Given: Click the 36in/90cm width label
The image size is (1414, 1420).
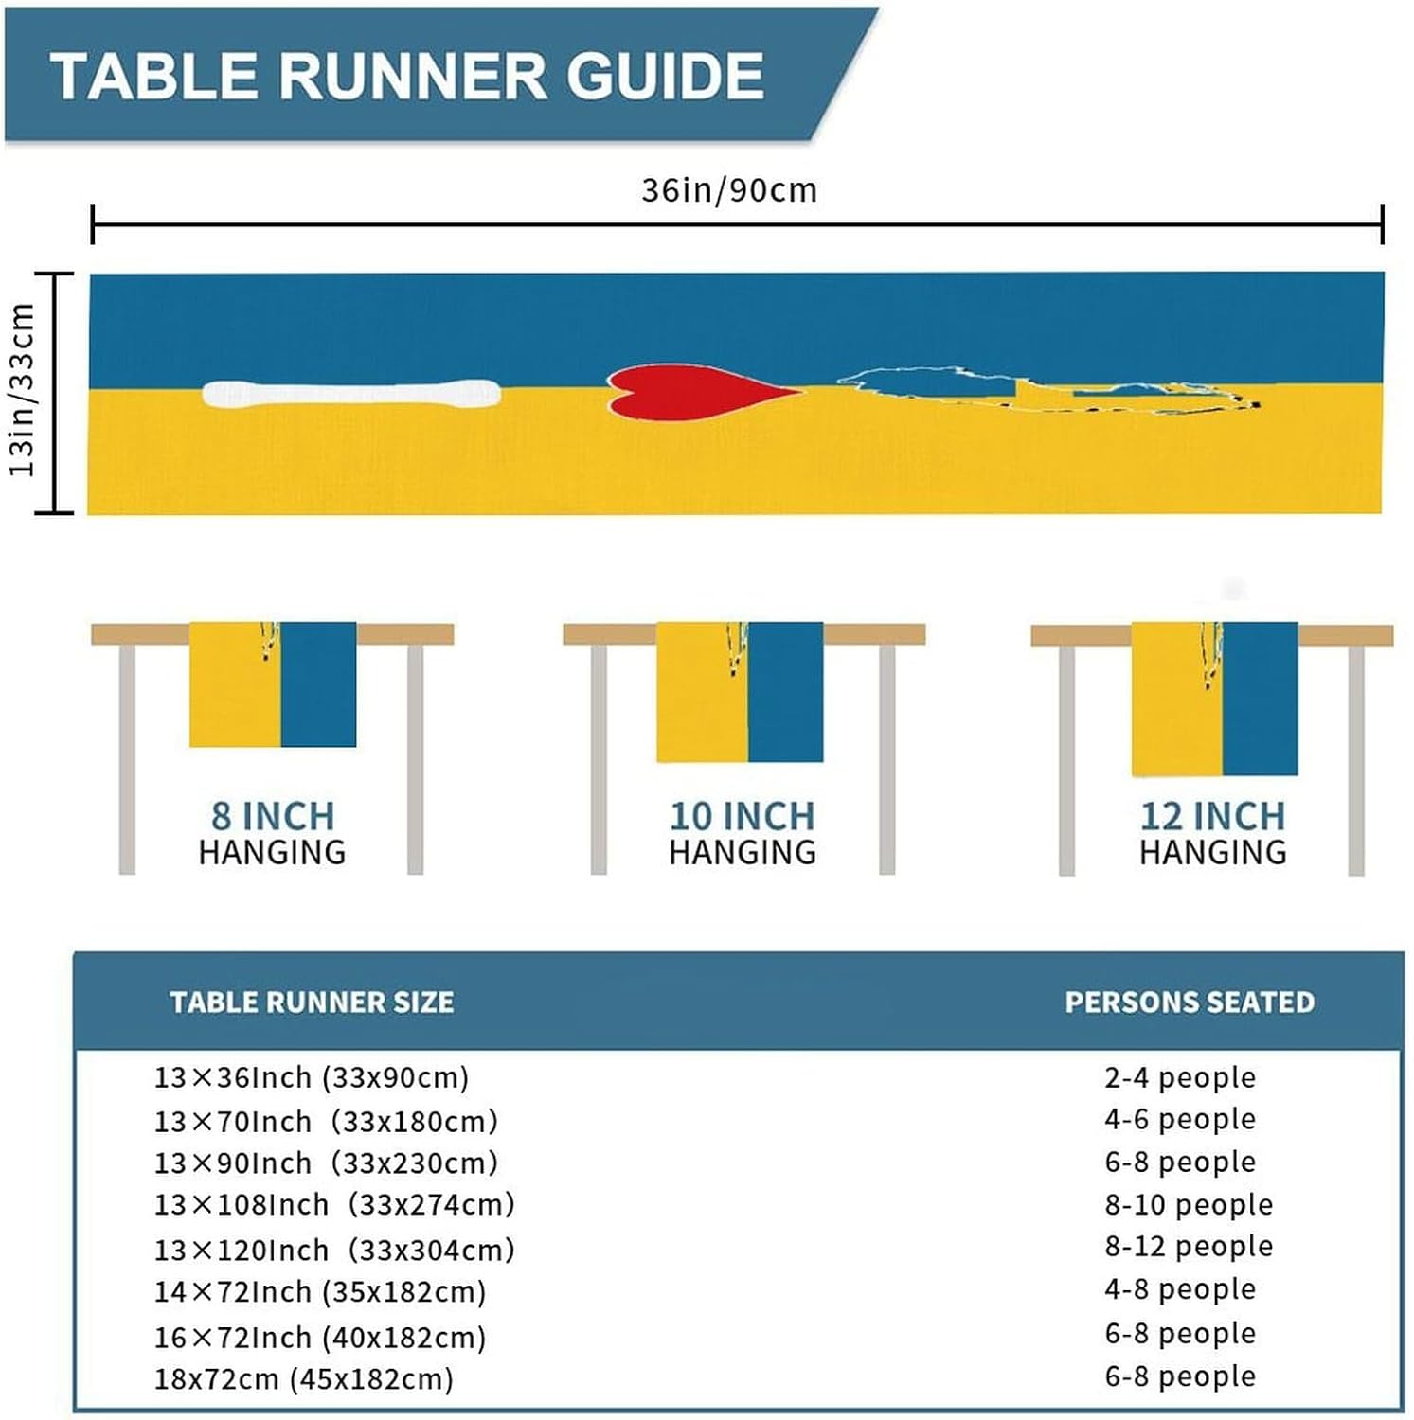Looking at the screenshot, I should coord(728,190).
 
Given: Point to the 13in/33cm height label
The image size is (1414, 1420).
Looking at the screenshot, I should coord(23,390).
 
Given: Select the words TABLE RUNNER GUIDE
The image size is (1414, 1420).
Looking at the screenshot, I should coord(407,76).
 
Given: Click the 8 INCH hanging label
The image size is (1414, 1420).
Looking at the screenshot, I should coord(273,816).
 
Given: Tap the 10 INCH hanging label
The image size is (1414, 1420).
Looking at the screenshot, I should coord(742,816).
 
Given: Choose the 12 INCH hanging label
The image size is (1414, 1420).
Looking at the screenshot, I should coord(1212,816).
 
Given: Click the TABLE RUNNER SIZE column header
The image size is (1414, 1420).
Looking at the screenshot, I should coord(312,1003).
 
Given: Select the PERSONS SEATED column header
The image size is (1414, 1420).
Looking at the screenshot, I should coord(1190,1003).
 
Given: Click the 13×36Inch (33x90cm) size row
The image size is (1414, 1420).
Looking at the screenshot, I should coord(312,1077).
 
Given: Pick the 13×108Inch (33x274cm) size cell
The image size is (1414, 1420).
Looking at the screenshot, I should coord(334,1204).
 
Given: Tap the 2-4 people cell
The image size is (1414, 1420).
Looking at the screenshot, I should coord(1180,1077).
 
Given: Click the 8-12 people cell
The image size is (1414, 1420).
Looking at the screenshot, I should coord(1189,1247).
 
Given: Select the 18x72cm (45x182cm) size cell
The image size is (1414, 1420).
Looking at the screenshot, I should coord(304,1378).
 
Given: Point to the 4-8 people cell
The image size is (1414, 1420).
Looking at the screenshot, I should coord(1180,1289).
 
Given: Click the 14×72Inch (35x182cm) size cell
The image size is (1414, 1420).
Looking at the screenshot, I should coord(320,1292).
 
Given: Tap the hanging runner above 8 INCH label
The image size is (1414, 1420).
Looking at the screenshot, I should coord(273,684).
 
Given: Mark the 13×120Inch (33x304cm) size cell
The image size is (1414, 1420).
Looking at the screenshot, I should coord(334,1251).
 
